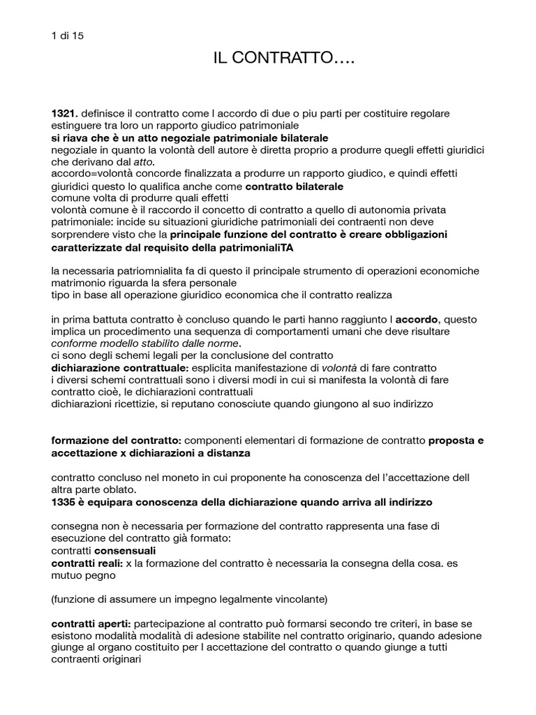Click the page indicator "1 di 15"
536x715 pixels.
point(68,36)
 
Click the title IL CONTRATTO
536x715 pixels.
point(284,60)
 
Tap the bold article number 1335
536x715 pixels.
point(65,501)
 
